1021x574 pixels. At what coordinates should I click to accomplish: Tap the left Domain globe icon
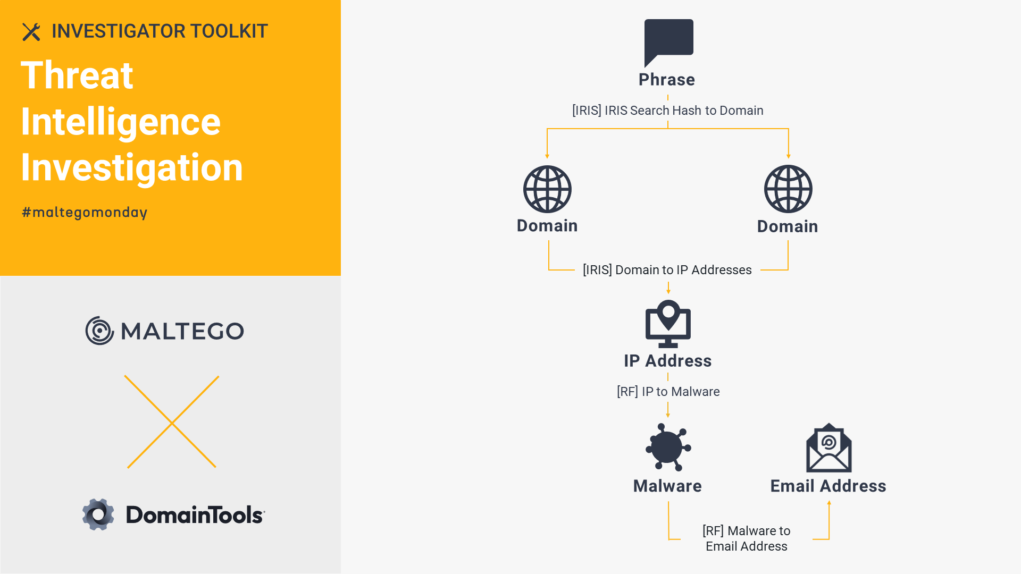point(547,189)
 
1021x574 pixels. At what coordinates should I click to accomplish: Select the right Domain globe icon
point(788,189)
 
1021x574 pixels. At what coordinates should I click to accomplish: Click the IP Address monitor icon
point(668,324)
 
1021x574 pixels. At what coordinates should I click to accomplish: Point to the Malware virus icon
point(668,447)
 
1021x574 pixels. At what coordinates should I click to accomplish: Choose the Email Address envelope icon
point(828,448)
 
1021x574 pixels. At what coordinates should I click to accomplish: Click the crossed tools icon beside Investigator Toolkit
point(31,32)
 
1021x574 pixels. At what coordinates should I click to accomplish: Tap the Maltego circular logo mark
point(99,331)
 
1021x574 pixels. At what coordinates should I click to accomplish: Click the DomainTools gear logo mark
point(98,514)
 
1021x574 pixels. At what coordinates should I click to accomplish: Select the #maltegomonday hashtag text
point(85,213)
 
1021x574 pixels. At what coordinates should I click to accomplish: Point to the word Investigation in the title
point(132,168)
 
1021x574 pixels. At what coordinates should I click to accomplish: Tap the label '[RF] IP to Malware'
point(668,392)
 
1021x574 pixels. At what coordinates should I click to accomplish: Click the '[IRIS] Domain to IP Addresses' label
point(667,270)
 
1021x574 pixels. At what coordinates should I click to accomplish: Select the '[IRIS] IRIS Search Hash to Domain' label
point(667,111)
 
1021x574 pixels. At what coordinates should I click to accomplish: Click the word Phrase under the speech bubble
point(667,80)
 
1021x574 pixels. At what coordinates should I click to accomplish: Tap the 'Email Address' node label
point(828,486)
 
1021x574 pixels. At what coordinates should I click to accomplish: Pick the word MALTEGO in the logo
point(182,331)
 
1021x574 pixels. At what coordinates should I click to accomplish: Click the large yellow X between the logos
point(172,422)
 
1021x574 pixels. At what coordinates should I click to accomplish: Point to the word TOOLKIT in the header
point(229,31)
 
